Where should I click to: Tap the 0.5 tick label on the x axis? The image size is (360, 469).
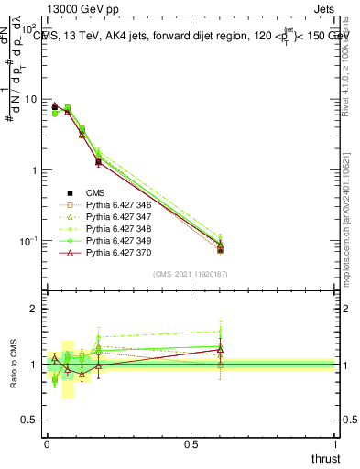click(x=191, y=443)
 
